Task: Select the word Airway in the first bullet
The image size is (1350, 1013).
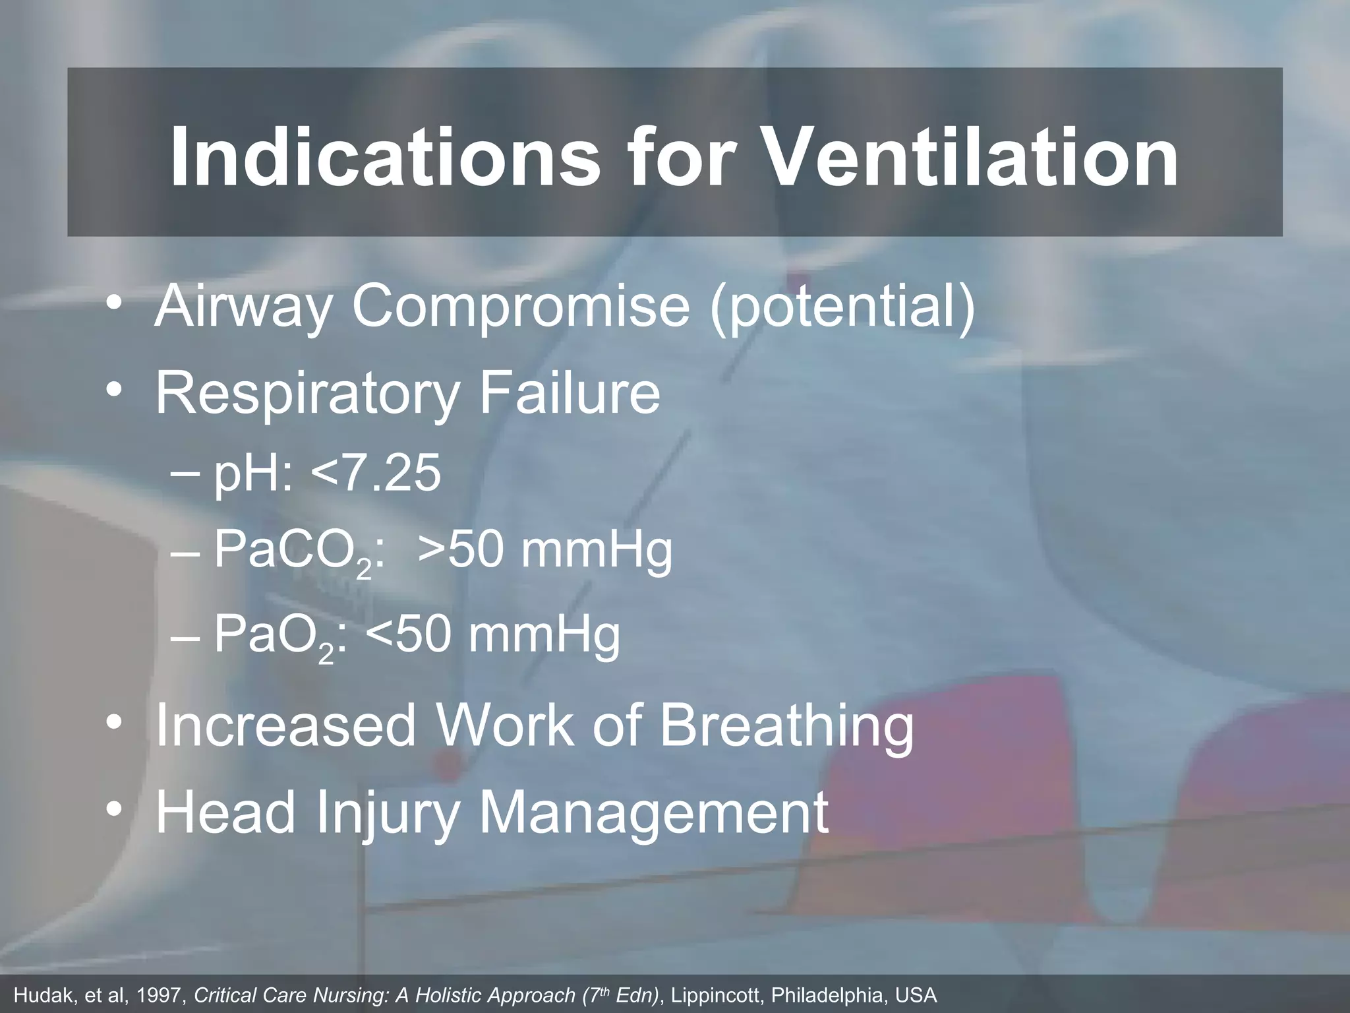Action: pyautogui.click(x=241, y=307)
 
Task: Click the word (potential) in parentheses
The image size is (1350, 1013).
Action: pyautogui.click(x=842, y=307)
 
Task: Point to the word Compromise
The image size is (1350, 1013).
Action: pyautogui.click(x=521, y=307)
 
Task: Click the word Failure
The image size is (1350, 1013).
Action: pyautogui.click(x=570, y=393)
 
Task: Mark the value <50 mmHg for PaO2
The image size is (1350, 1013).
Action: pyautogui.click(x=492, y=635)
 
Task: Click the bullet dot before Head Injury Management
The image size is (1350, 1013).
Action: pyautogui.click(x=115, y=810)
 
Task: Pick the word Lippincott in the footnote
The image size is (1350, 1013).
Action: pyautogui.click(x=715, y=995)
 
